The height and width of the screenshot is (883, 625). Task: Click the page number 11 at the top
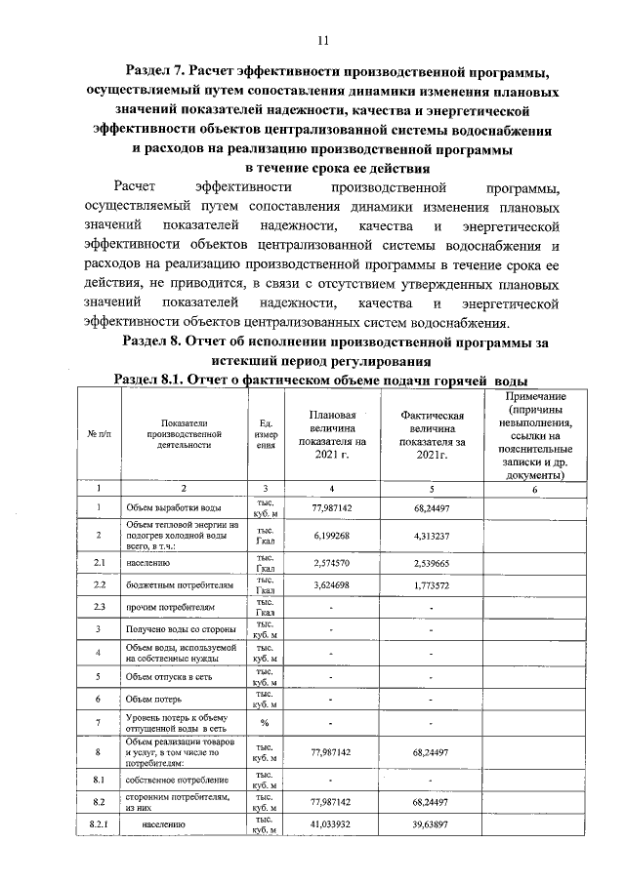click(x=323, y=40)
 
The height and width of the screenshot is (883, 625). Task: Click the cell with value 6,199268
click(x=331, y=536)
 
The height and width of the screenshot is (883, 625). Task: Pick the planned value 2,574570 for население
click(x=331, y=564)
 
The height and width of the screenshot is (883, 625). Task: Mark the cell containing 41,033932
click(x=331, y=824)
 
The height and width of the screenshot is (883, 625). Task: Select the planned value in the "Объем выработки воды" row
click(x=331, y=508)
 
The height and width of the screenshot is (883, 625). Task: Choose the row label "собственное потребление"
click(x=176, y=780)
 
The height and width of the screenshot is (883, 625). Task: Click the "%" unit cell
click(x=265, y=723)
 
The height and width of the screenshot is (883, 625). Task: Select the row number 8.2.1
click(x=100, y=824)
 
